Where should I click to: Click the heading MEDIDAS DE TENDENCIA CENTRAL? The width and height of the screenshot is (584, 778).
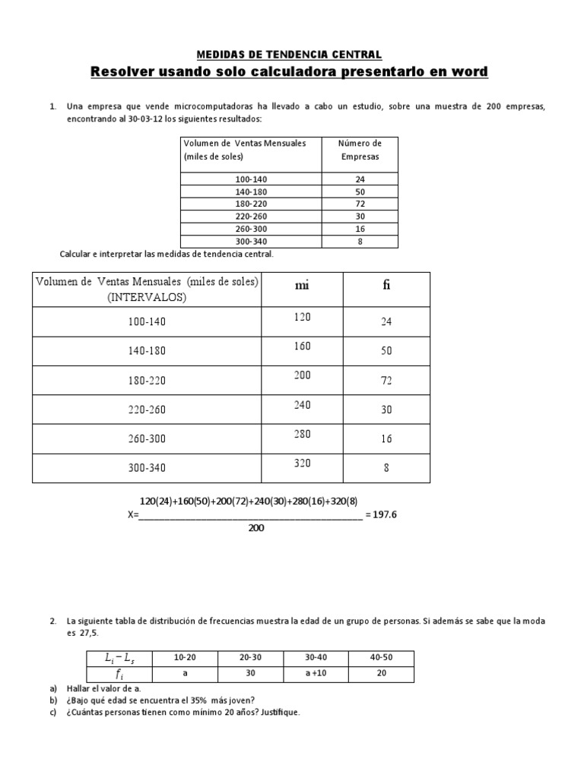[x=289, y=55]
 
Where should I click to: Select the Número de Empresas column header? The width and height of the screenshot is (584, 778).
[x=360, y=150]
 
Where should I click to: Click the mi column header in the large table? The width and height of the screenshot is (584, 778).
[x=302, y=286]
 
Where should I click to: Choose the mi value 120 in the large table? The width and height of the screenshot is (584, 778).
[x=302, y=318]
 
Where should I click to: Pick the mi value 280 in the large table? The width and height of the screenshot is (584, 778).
[x=302, y=434]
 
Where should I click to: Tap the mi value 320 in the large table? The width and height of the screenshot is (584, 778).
[x=302, y=463]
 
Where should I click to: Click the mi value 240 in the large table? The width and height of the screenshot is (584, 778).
[x=302, y=405]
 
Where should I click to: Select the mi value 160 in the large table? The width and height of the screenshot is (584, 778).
[x=302, y=346]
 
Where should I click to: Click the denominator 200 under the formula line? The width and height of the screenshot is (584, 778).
[x=255, y=528]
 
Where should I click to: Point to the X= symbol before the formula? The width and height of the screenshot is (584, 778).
[x=132, y=514]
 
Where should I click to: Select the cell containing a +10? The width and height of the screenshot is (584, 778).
[x=315, y=673]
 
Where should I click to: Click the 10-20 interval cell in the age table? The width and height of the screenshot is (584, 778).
[x=185, y=656]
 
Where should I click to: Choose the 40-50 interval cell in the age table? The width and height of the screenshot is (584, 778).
[x=381, y=656]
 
